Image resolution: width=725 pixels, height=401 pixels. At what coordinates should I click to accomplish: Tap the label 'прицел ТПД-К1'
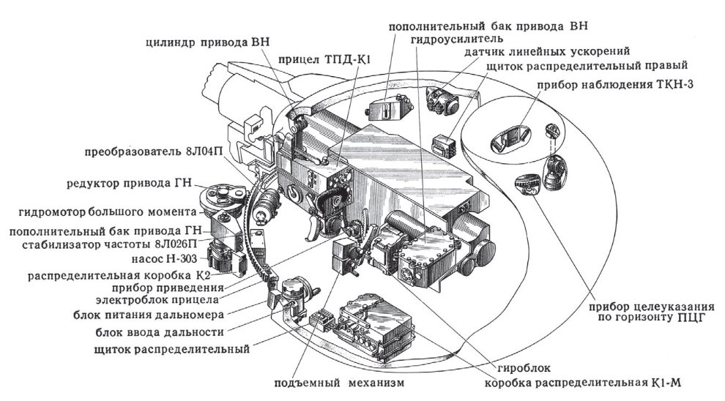[x=321, y=61]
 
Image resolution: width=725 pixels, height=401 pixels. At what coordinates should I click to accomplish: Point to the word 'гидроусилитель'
[x=455, y=38]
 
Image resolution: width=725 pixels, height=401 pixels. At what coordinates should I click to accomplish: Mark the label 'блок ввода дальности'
[x=158, y=331]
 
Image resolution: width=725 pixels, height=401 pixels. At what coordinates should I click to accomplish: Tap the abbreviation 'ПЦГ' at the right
[x=678, y=318]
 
